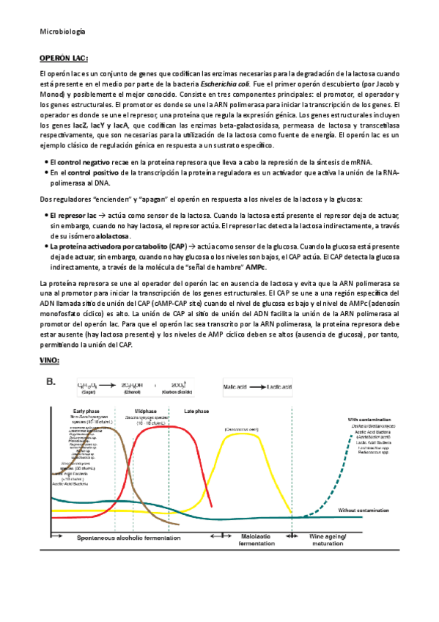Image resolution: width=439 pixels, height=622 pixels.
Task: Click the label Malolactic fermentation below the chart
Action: coord(257,541)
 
